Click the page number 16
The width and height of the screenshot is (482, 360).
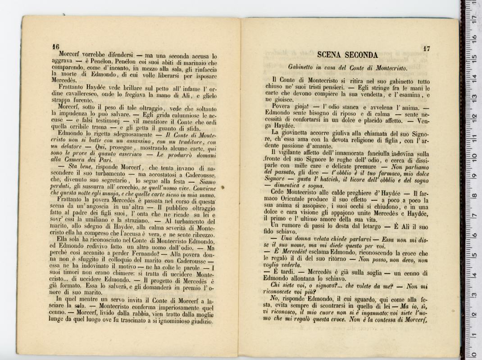click(x=56, y=46)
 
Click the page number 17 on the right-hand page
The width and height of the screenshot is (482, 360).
click(x=427, y=48)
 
